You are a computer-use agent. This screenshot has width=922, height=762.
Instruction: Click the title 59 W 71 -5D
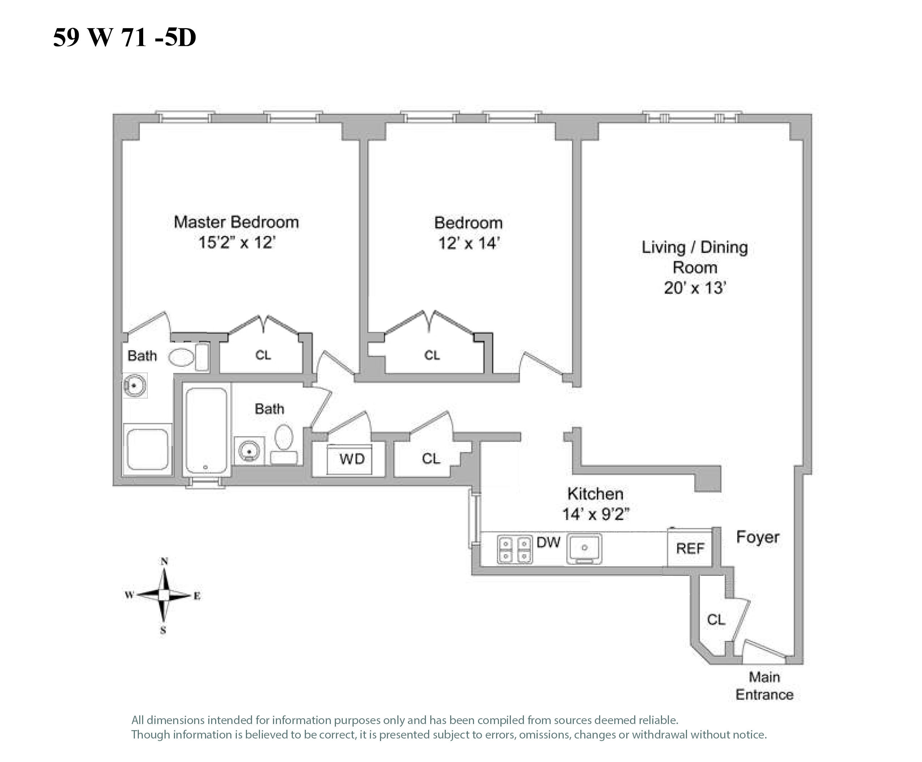tap(124, 37)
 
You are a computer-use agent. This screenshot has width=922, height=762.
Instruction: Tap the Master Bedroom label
tap(236, 222)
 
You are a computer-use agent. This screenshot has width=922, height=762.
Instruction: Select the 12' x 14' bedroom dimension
tap(469, 243)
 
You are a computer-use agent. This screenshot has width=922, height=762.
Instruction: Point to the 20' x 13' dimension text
tap(695, 288)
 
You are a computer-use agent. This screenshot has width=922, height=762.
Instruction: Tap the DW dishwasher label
tap(548, 543)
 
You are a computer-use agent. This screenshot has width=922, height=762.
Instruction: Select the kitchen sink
tap(584, 548)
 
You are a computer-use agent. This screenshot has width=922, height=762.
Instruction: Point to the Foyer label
tap(758, 537)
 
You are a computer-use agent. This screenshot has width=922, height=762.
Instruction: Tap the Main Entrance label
tap(764, 686)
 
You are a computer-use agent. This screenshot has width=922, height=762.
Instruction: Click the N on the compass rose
tap(164, 561)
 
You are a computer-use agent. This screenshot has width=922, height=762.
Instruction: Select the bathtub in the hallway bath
tap(206, 430)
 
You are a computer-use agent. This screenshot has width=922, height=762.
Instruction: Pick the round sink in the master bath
tap(135, 385)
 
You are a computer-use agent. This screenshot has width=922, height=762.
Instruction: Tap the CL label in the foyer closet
tap(716, 619)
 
